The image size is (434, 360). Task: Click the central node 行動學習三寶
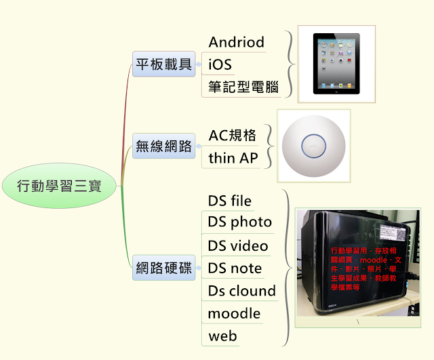59,185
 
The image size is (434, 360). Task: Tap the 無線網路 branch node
164,145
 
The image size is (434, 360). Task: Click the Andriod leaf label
236,42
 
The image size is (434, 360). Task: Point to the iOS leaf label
220,64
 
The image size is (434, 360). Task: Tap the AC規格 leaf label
233,135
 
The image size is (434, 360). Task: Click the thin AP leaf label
233,157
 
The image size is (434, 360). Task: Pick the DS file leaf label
230,201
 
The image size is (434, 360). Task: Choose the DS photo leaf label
239,222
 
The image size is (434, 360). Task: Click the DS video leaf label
238,245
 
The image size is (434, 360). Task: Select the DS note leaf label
235,268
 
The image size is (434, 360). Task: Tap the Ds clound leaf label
242,291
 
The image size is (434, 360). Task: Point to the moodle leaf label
234,313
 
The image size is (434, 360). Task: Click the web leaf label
222,336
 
